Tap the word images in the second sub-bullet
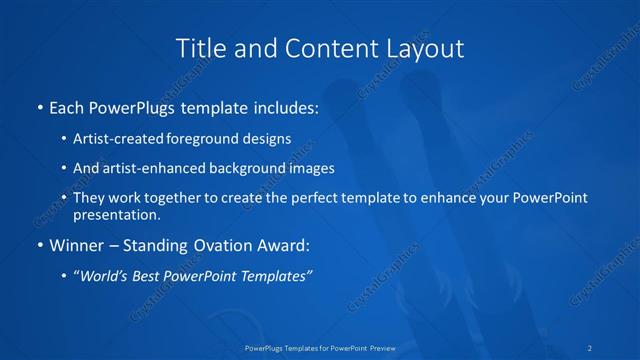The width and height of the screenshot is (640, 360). pos(314,168)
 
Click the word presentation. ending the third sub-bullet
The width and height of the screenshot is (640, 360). pos(116,214)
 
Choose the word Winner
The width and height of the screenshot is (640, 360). pos(76,244)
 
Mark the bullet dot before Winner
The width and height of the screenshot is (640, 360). pos(39,244)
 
